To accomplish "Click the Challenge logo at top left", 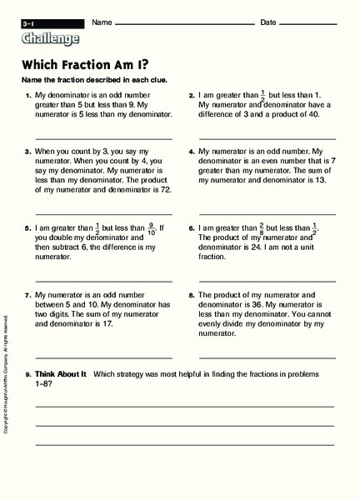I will tap(51, 38).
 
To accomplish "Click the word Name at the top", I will tap(102, 22).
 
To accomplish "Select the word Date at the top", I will tap(269, 22).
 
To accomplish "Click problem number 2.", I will tap(192, 96).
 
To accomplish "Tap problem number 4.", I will tap(192, 152).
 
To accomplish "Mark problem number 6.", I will tap(192, 227).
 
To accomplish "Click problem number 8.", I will tap(192, 295).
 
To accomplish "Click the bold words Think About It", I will tap(61, 374).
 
